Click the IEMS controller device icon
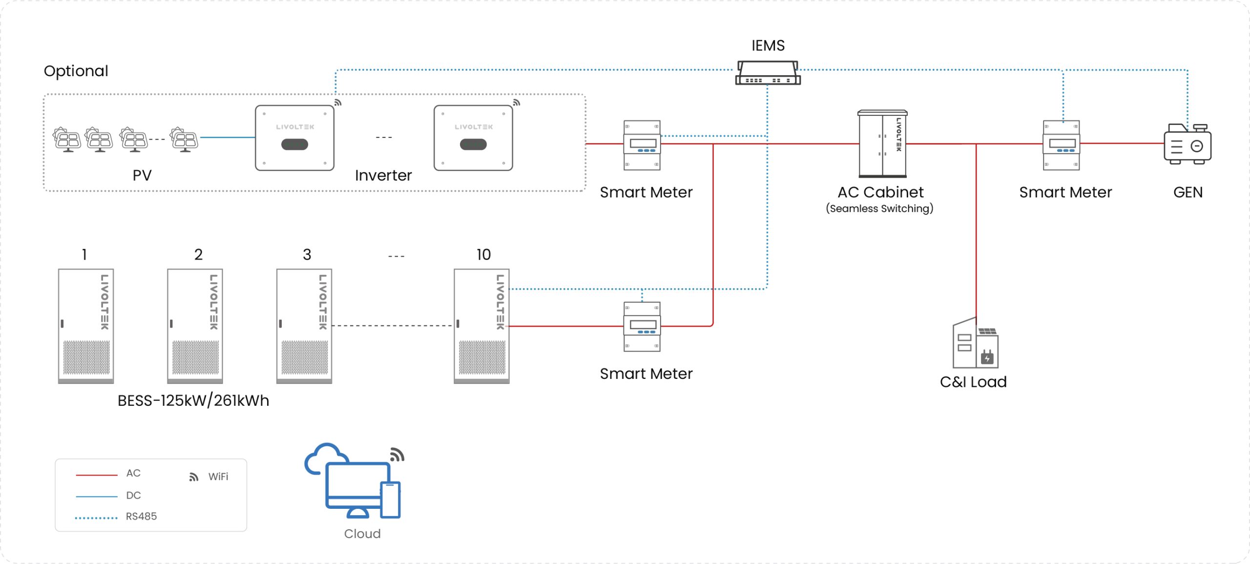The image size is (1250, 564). click(x=768, y=73)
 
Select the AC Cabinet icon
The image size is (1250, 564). click(x=882, y=144)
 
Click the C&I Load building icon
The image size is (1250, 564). click(x=975, y=344)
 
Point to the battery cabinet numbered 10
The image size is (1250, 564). click(x=481, y=326)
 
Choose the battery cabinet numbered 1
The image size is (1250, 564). click(x=86, y=326)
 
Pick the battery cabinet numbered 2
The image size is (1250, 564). click(x=195, y=326)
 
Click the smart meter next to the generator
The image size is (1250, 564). click(x=1061, y=145)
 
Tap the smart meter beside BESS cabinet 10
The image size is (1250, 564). click(x=642, y=326)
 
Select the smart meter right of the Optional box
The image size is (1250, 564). click(x=642, y=145)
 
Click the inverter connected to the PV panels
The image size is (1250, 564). click(x=294, y=138)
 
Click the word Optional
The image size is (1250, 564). click(x=76, y=71)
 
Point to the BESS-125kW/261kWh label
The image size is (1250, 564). click(x=193, y=401)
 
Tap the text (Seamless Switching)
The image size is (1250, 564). click(x=879, y=209)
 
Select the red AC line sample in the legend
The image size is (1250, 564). click(x=97, y=475)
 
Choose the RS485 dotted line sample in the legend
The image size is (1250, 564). click(x=96, y=518)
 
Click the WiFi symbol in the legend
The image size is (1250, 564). click(x=194, y=477)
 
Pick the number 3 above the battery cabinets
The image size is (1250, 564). click(x=307, y=254)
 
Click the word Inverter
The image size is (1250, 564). click(x=383, y=175)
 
